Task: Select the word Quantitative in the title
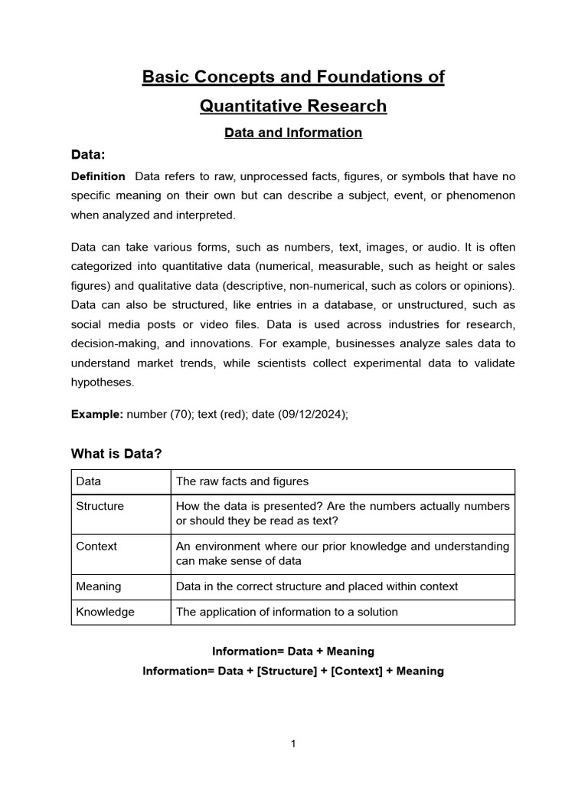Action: coord(250,106)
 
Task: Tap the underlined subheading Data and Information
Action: coord(293,133)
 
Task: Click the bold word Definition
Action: coord(98,176)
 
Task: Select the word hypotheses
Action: coord(103,381)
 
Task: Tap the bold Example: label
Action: coord(97,414)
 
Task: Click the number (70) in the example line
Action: coord(178,414)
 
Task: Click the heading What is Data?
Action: coord(116,454)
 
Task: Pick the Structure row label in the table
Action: coord(100,506)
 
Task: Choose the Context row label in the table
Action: coord(96,547)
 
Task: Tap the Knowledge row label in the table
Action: coord(105,612)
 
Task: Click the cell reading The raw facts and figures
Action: coord(242,481)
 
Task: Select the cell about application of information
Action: coord(286,612)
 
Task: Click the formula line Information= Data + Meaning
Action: coord(293,651)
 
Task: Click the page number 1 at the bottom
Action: coord(293,743)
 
